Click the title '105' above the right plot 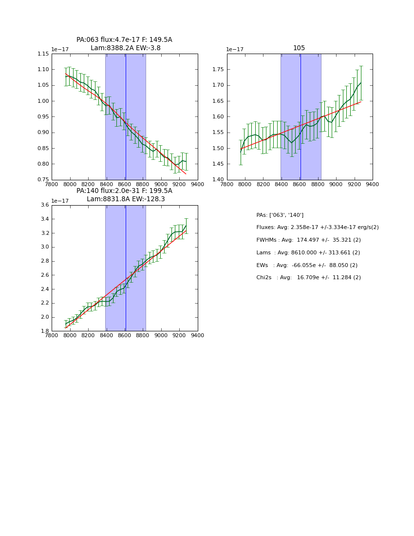[299, 48]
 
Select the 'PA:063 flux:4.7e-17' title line [124, 40]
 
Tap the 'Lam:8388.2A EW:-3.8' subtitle [125, 48]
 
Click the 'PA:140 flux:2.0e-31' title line [124, 191]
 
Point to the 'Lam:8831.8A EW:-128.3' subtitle [126, 199]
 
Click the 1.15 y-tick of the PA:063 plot [43, 54]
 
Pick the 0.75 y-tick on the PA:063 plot [43, 180]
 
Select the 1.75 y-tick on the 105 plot [218, 70]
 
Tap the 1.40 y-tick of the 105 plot [218, 180]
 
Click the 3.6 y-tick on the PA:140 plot [45, 205]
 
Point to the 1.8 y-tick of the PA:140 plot [45, 331]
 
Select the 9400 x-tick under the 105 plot [373, 184]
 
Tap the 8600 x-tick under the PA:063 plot [125, 184]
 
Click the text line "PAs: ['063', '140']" [280, 215]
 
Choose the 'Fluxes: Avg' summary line [317, 228]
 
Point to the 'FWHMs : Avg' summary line [308, 240]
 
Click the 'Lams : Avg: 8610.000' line [308, 253]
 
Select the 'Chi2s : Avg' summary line [308, 278]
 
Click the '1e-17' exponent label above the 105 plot [235, 50]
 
